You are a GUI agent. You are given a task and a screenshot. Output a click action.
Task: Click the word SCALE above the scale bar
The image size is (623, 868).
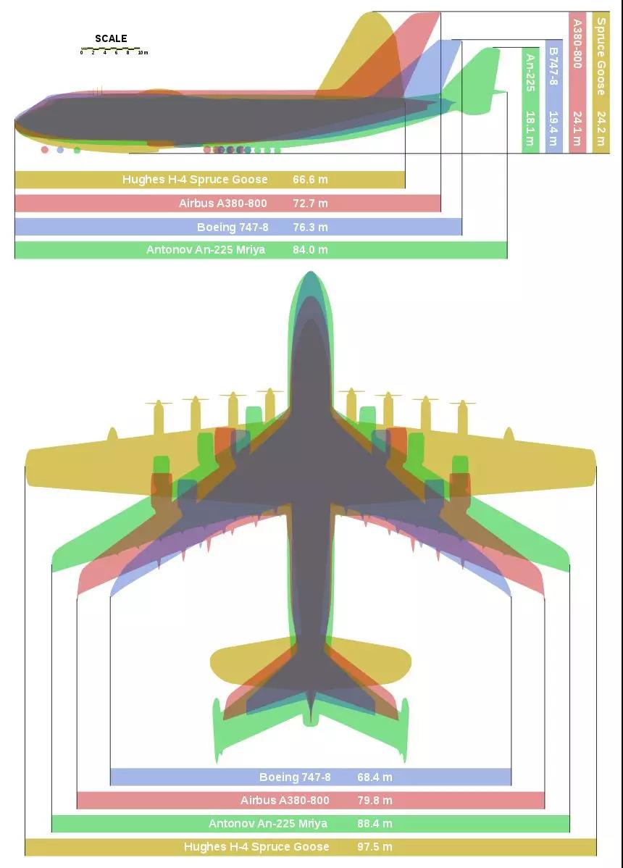pyautogui.click(x=111, y=38)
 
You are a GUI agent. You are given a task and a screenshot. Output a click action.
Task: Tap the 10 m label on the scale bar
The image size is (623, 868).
pyautogui.click(x=143, y=53)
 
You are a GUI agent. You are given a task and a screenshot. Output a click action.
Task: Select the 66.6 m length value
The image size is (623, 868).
pyautogui.click(x=310, y=180)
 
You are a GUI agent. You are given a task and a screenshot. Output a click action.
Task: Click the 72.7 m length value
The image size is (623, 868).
pyautogui.click(x=310, y=203)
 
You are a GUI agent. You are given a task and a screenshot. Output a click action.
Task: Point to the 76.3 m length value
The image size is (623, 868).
pyautogui.click(x=310, y=227)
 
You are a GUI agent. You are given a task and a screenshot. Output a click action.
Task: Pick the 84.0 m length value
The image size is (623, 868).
pyautogui.click(x=310, y=250)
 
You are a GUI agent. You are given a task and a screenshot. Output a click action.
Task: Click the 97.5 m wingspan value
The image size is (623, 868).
pyautogui.click(x=375, y=846)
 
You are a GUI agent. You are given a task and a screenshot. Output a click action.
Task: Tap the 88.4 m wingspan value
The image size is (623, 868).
pyautogui.click(x=375, y=823)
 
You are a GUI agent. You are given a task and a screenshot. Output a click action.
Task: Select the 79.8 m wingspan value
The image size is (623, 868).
pyautogui.click(x=375, y=800)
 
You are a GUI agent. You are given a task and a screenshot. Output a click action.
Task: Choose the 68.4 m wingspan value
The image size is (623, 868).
pyautogui.click(x=375, y=777)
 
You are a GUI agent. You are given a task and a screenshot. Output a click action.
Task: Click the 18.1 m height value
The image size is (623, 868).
pyautogui.click(x=530, y=128)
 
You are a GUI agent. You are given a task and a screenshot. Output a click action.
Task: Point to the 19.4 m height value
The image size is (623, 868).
pyautogui.click(x=553, y=128)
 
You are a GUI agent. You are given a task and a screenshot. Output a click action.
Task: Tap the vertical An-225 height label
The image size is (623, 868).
pyautogui.click(x=530, y=72)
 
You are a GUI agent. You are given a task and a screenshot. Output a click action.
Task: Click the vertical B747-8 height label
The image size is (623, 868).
pyautogui.click(x=553, y=66)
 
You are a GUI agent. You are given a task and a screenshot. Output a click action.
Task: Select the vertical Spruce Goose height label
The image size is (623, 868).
pyautogui.click(x=601, y=56)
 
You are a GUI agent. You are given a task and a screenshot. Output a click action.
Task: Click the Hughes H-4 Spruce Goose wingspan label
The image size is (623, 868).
pyautogui.click(x=256, y=846)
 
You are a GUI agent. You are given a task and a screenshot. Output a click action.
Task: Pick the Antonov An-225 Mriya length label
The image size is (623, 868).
pyautogui.click(x=205, y=250)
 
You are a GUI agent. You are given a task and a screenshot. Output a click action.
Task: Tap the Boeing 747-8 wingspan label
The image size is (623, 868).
pyautogui.click(x=295, y=777)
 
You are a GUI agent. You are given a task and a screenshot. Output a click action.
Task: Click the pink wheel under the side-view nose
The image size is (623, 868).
pyautogui.click(x=45, y=149)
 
